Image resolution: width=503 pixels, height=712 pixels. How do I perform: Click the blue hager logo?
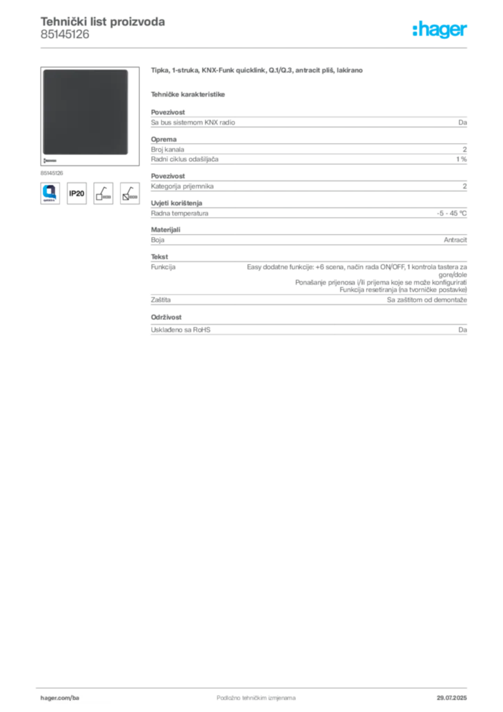pos(440,31)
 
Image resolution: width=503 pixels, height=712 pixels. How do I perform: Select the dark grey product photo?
pos(85,112)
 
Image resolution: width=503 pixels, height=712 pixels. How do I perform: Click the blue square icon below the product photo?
pos(49,192)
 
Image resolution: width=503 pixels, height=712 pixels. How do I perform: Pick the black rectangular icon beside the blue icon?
pos(76,193)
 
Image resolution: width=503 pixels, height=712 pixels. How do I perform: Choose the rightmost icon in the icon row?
pos(129,193)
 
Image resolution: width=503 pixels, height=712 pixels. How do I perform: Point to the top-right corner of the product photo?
pos(127,70)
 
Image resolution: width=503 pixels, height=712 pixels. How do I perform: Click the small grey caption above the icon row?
pos(53,170)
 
